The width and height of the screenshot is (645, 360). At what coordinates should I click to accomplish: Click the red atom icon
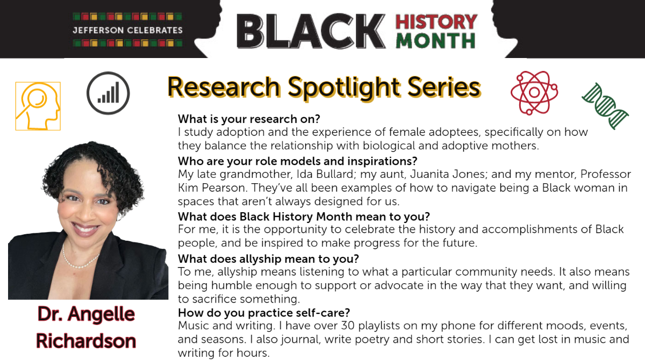click(534, 92)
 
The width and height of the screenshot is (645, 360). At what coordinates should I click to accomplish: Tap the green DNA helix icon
click(606, 106)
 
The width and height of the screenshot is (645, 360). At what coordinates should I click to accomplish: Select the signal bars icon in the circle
click(108, 93)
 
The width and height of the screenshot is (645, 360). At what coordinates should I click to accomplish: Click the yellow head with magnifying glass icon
click(38, 106)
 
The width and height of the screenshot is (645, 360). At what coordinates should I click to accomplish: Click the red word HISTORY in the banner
click(436, 22)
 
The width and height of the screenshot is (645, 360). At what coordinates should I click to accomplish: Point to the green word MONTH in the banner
click(435, 41)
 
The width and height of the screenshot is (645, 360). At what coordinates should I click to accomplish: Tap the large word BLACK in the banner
click(311, 31)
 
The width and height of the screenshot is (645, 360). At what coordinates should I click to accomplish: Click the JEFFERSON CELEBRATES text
click(127, 30)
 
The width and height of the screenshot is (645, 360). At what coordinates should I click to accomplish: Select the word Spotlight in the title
click(345, 87)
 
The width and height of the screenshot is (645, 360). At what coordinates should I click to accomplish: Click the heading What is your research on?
click(249, 119)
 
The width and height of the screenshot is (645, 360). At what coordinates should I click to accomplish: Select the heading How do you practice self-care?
click(264, 313)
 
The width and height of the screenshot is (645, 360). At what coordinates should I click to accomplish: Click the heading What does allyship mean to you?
click(268, 259)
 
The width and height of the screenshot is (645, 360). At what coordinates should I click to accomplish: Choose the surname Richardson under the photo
click(86, 341)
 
